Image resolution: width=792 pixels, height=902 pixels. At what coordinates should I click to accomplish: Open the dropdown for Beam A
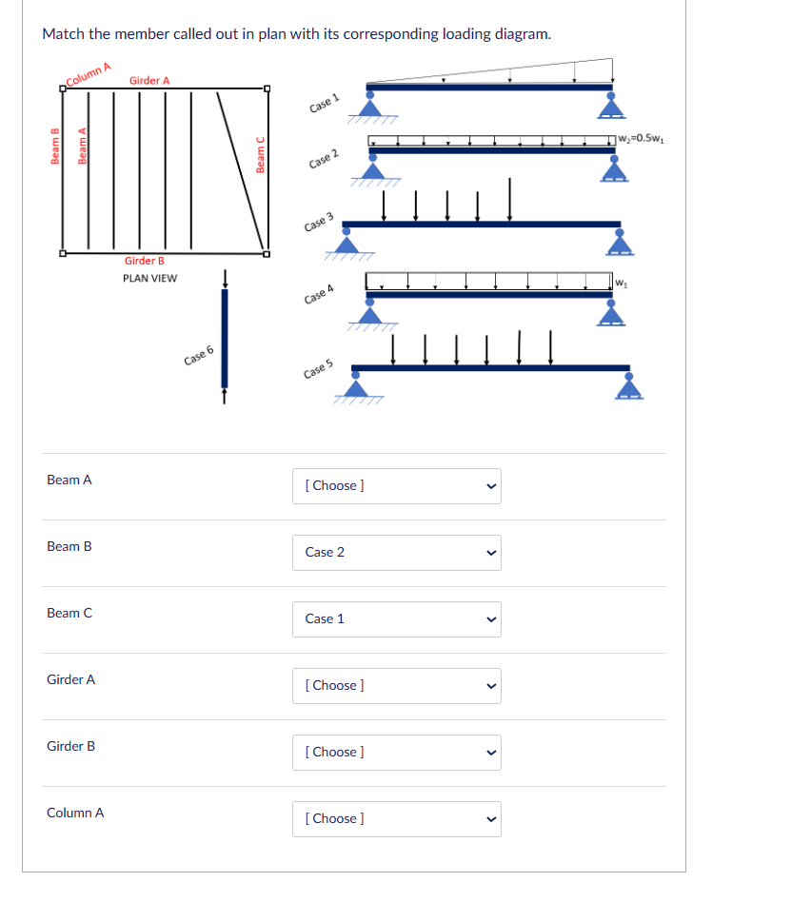pos(396,485)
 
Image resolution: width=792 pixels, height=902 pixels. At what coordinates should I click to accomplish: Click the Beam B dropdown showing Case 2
pos(396,552)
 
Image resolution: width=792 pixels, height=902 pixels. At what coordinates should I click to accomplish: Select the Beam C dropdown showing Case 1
pos(396,618)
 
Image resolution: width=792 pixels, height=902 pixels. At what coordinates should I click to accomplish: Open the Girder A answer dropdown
pos(396,685)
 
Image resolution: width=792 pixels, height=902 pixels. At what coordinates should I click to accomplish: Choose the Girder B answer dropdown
pos(396,752)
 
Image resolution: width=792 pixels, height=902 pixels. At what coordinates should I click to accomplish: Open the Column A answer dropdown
pos(396,818)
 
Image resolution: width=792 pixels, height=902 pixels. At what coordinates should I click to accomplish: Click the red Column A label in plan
pos(89,73)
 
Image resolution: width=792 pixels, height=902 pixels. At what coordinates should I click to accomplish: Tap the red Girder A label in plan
pos(149,81)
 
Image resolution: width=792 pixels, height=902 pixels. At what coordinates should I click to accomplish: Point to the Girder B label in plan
pos(145,261)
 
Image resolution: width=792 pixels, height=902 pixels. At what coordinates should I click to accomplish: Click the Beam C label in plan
pos(261,155)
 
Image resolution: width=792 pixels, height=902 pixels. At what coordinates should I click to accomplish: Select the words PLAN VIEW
pos(149,278)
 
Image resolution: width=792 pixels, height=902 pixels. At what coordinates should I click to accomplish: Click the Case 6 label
pos(199,358)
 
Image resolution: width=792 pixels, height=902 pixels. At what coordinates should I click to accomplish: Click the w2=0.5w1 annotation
pos(641,138)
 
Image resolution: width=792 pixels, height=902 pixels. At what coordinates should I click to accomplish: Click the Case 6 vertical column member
pos(225,338)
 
